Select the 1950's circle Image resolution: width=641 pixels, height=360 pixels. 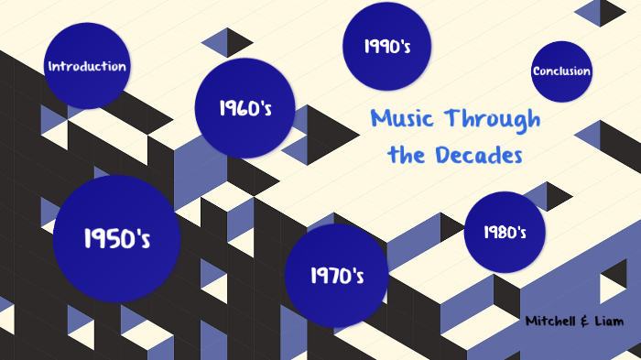tap(116, 239)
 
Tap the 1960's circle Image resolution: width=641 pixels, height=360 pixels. tap(244, 108)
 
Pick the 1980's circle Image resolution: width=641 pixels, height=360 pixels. tap(505, 232)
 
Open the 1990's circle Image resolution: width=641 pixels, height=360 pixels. tap(386, 46)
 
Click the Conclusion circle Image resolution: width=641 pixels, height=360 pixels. tap(561, 71)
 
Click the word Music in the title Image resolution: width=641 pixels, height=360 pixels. tap(404, 119)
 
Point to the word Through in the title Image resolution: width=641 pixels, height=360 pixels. tap(492, 119)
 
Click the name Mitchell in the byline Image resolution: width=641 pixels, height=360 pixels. tap(553, 322)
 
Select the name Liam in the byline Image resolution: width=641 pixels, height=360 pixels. tap(606, 322)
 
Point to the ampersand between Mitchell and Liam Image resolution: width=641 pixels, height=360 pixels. tap(585, 322)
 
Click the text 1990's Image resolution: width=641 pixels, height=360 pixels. tap(386, 46)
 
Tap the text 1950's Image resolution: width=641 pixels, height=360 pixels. tap(116, 239)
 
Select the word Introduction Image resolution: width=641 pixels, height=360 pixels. tap(87, 66)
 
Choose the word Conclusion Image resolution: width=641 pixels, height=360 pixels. tap(561, 71)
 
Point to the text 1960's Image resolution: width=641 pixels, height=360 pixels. tap(244, 108)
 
